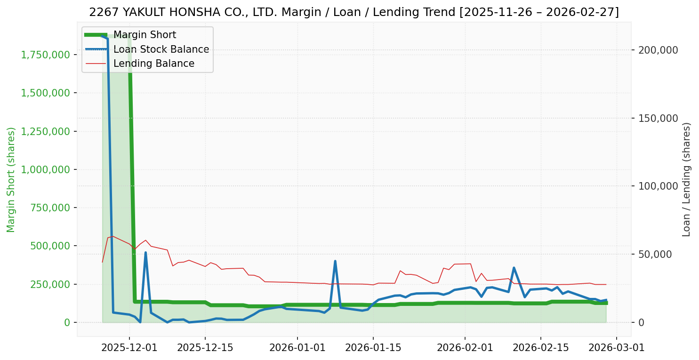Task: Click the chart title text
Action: coord(354,12)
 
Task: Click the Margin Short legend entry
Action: coord(145,35)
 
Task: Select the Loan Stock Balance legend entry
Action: coord(161,49)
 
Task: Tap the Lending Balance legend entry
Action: coord(153,64)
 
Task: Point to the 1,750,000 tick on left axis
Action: coord(46,55)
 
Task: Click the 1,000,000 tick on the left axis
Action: coord(46,169)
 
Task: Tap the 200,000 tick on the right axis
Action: coord(658,50)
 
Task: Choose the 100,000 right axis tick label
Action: coord(658,186)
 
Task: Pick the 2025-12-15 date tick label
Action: coord(205,348)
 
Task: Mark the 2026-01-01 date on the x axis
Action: coord(297,348)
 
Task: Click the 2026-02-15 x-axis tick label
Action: coord(540,348)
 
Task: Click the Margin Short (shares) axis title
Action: coord(11,179)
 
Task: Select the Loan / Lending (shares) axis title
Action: coord(687,179)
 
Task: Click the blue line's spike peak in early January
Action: coord(335,261)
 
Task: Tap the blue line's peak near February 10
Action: coord(514,268)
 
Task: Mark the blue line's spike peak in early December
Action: coord(145,253)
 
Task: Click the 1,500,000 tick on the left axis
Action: coord(46,93)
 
